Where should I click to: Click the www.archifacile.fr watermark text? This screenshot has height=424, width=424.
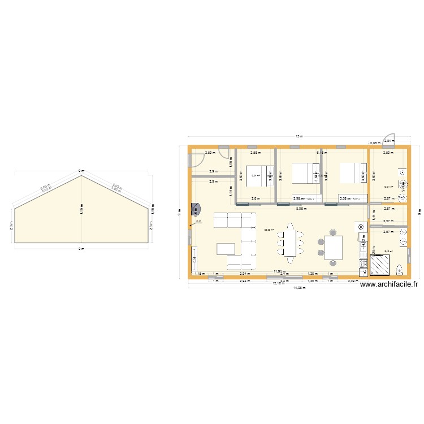pos(388,285)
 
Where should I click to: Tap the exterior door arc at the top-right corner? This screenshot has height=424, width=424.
pos(390,139)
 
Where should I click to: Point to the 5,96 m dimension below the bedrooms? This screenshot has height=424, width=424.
pos(302,209)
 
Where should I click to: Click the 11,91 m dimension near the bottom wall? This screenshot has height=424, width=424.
pos(278,271)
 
